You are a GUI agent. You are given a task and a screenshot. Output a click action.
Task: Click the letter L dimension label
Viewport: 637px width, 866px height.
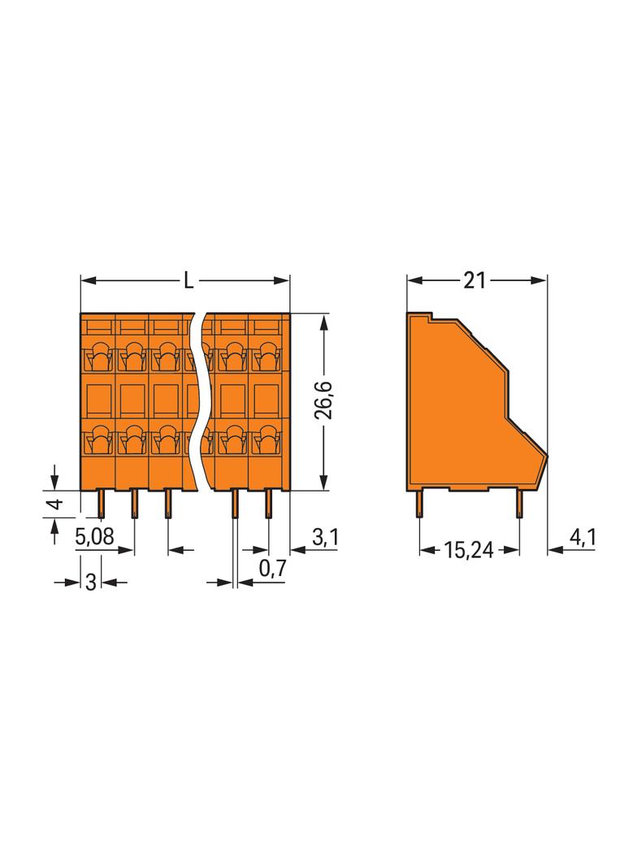tap(188, 281)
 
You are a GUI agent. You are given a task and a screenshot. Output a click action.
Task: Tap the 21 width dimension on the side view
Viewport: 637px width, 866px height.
tap(474, 281)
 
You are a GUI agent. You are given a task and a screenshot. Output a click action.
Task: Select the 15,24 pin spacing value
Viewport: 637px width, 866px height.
tap(469, 550)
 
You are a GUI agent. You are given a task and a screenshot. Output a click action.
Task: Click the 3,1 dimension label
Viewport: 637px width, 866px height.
tap(324, 537)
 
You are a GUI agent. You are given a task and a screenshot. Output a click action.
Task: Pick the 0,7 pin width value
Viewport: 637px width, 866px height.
tap(272, 569)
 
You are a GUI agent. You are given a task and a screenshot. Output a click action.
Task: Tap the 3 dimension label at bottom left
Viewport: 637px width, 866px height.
tap(91, 582)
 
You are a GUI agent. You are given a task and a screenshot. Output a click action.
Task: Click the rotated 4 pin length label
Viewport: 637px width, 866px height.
tap(54, 504)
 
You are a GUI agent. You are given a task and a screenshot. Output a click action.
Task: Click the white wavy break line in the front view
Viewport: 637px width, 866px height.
tap(197, 398)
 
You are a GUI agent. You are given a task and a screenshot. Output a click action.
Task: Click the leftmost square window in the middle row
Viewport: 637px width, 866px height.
tap(98, 398)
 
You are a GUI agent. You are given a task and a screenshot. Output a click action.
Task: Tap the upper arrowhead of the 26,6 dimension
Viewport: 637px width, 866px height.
tap(324, 320)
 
